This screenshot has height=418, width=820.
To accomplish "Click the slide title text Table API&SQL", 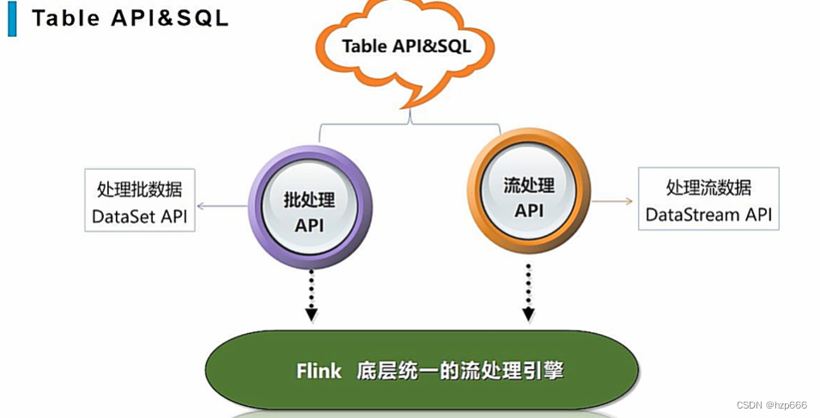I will tap(130, 19).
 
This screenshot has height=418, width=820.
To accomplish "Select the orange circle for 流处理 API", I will tap(528, 195).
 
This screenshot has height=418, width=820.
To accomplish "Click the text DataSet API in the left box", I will tap(140, 217).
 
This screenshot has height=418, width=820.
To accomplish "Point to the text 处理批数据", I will tap(140, 189).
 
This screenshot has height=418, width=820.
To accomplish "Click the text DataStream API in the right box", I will tap(708, 214).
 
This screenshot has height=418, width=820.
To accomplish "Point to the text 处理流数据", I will tap(708, 186).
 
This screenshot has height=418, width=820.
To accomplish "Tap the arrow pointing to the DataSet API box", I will tap(222, 206).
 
